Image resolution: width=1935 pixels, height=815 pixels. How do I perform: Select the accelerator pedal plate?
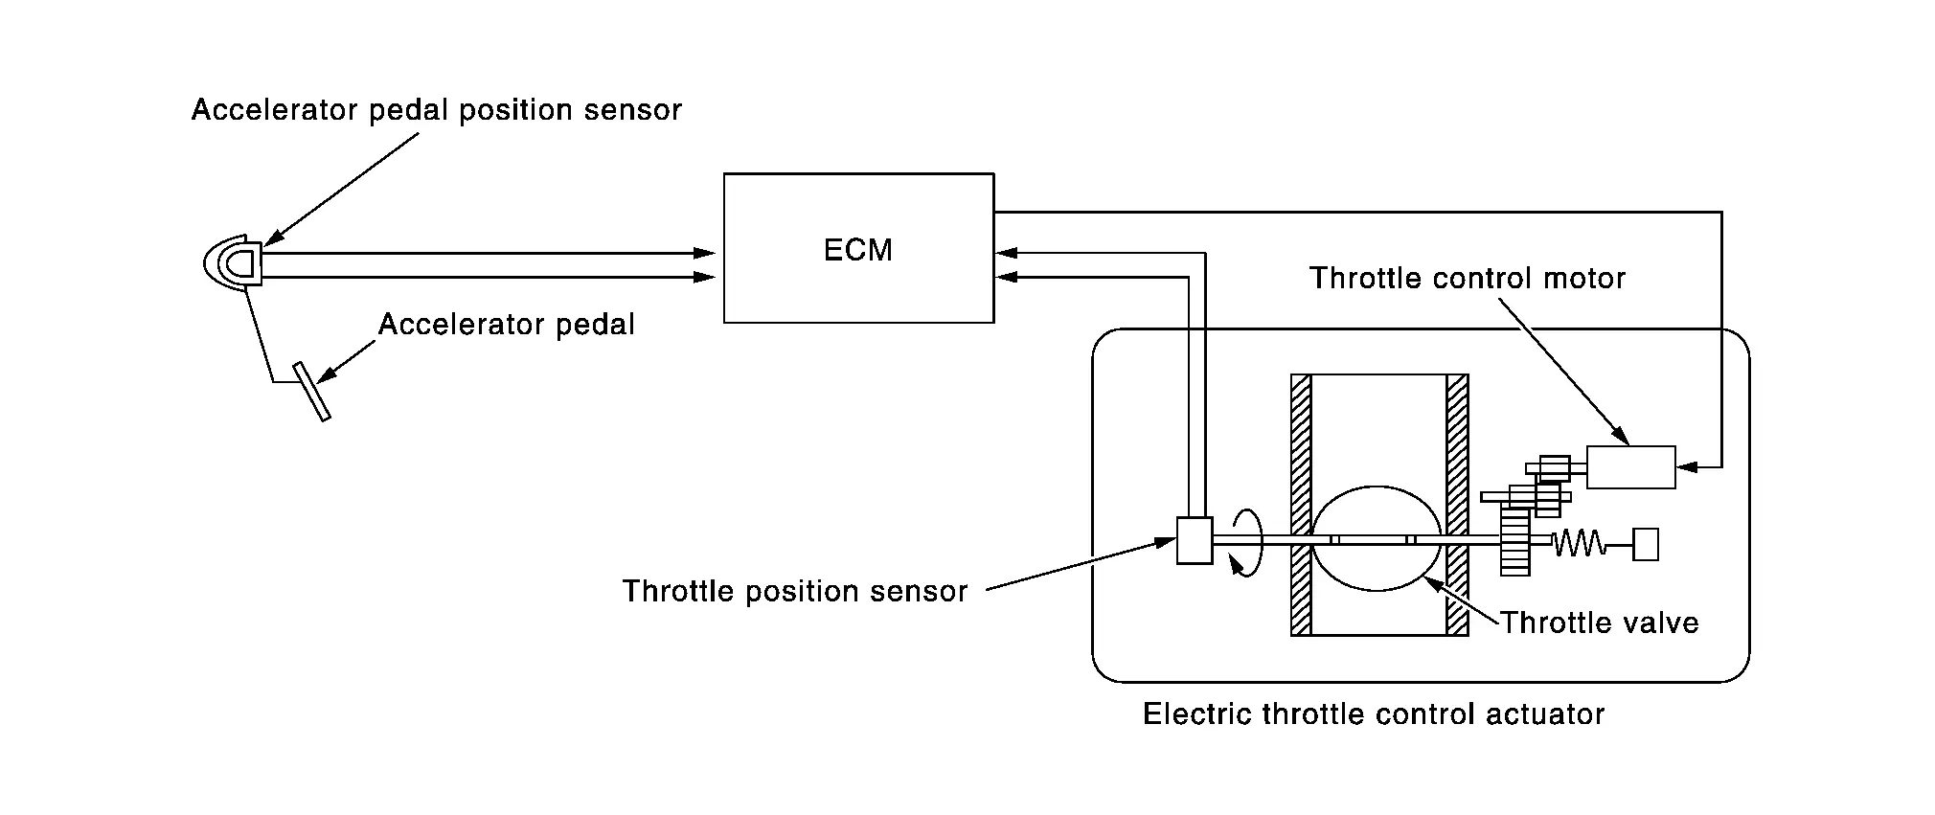[312, 391]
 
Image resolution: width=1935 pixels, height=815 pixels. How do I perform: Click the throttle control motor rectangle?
[1630, 467]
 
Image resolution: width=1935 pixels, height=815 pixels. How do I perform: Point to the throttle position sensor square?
[1195, 540]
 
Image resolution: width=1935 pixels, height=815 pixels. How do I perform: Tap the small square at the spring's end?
[1646, 544]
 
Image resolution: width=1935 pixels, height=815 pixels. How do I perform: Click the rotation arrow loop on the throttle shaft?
[1247, 542]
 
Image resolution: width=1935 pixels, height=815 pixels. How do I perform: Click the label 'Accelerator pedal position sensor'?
[437, 110]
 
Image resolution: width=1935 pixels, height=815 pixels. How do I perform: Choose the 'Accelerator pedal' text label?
[507, 325]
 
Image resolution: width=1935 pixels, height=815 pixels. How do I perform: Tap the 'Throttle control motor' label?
[1468, 279]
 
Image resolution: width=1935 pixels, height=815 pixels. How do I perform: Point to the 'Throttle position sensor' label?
[795, 591]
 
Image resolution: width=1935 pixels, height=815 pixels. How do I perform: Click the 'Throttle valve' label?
[1599, 623]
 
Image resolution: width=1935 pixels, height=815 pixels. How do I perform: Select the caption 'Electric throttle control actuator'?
[1374, 714]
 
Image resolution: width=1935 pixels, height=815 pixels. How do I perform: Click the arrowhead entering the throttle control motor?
[1687, 467]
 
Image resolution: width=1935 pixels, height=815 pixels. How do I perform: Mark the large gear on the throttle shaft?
[1514, 541]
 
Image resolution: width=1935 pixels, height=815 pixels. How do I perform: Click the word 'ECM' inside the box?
[858, 250]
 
